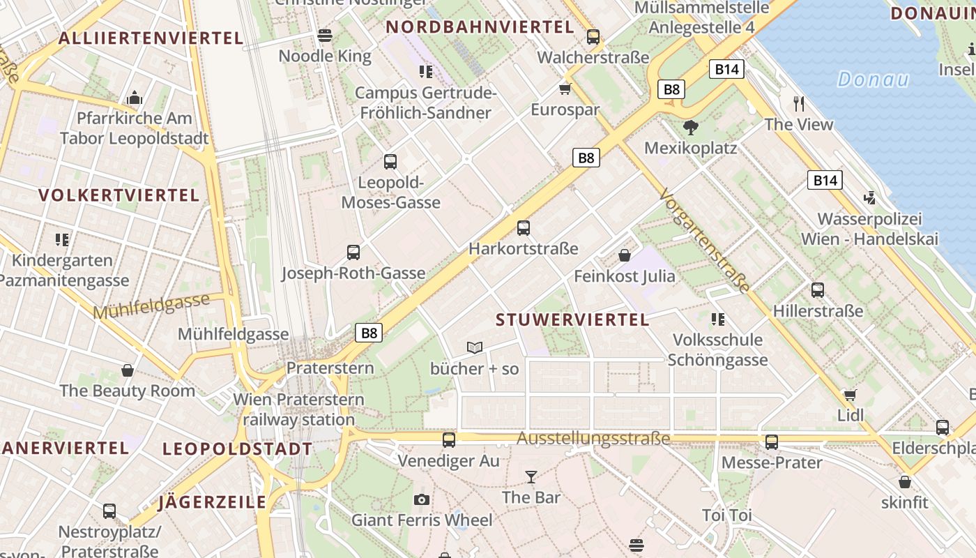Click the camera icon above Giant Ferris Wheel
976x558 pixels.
pyautogui.click(x=421, y=499)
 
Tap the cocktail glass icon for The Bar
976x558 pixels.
pyautogui.click(x=531, y=477)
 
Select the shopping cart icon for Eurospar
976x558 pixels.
pyautogui.click(x=565, y=89)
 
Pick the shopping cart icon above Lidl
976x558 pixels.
pyautogui.click(x=850, y=395)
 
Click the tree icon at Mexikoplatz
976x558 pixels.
pyautogui.click(x=690, y=127)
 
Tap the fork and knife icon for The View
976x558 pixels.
pyautogui.click(x=799, y=104)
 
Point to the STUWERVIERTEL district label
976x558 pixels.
pyautogui.click(x=572, y=320)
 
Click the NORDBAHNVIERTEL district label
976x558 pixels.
pyautogui.click(x=480, y=27)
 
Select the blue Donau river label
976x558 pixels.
pyautogui.click(x=873, y=80)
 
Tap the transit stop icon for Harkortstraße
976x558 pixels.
pyautogui.click(x=524, y=228)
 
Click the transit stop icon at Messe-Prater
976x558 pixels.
pyautogui.click(x=772, y=442)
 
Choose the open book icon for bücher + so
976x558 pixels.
pyautogui.click(x=475, y=347)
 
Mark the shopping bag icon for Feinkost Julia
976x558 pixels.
pyautogui.click(x=625, y=255)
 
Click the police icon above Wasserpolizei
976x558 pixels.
pyautogui.click(x=869, y=198)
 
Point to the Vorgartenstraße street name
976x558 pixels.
pyautogui.click(x=705, y=240)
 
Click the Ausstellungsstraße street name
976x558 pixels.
pyautogui.click(x=593, y=439)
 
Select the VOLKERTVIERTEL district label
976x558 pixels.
pyautogui.click(x=119, y=195)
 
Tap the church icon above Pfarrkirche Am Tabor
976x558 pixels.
pyautogui.click(x=134, y=98)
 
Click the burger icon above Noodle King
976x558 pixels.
pyautogui.click(x=324, y=35)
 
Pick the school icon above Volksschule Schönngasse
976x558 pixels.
pyautogui.click(x=717, y=319)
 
